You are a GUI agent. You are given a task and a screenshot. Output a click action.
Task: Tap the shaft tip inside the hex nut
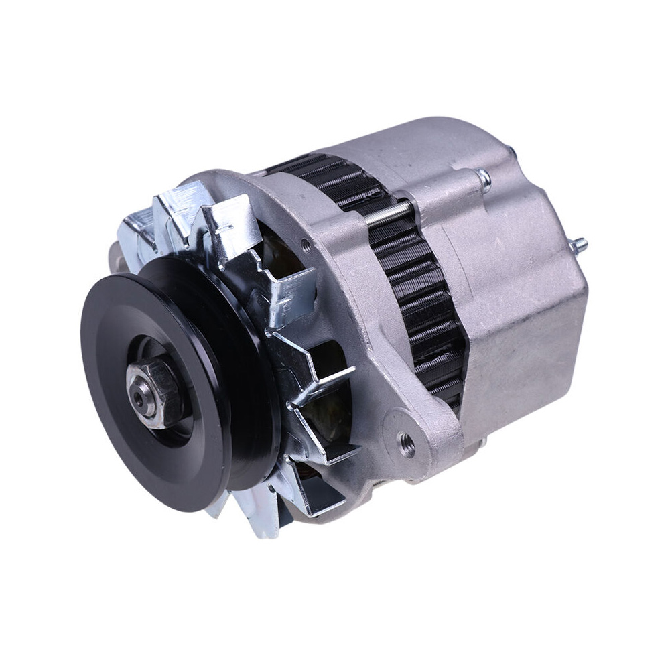click(x=139, y=397)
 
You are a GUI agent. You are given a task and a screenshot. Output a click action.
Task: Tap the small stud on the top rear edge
click(x=511, y=152)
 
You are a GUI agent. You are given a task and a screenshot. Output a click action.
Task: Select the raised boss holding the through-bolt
click(x=456, y=194)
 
